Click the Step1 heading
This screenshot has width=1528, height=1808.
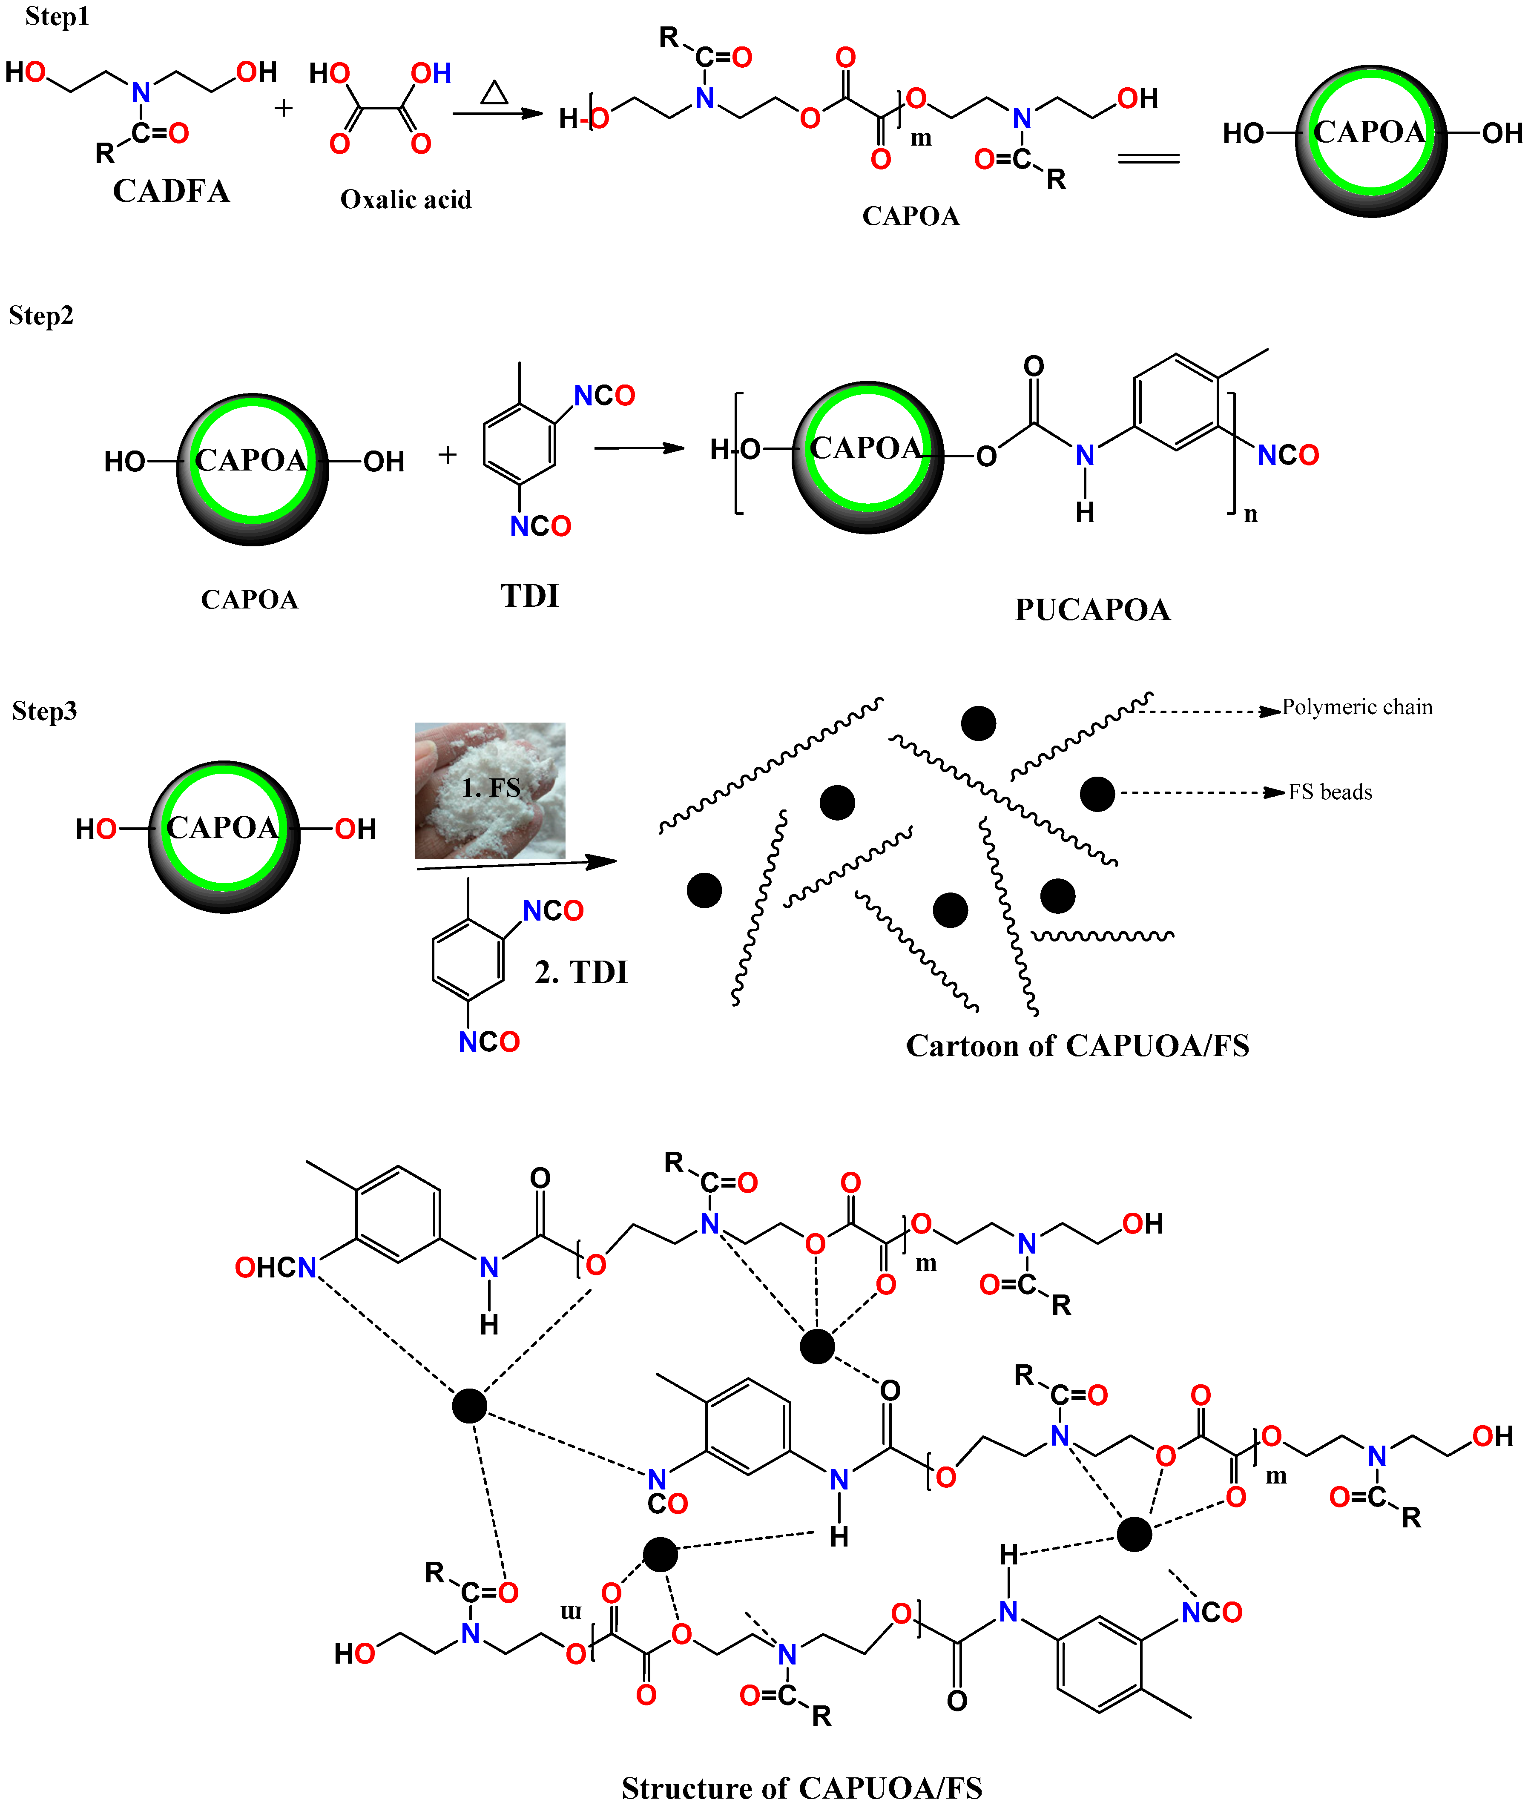pos(57,17)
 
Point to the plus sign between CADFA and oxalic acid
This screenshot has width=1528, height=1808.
pos(283,108)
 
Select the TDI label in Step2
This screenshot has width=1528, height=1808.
pos(529,597)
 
